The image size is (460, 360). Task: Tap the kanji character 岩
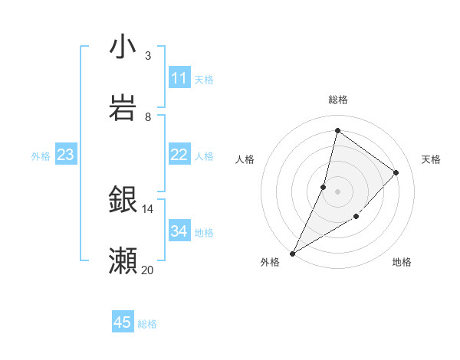(x=123, y=106)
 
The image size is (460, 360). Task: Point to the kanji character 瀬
(x=123, y=260)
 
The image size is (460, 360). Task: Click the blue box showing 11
(x=179, y=78)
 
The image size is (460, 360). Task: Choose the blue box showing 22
(x=179, y=155)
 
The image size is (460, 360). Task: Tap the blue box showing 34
(x=179, y=231)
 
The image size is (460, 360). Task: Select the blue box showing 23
(x=65, y=155)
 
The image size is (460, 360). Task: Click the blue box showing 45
(x=123, y=322)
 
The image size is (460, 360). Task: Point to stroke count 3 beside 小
(x=148, y=55)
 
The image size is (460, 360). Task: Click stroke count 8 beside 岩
(x=148, y=116)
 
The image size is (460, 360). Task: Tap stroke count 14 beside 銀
(x=148, y=208)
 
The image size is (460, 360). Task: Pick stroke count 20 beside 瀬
(x=148, y=270)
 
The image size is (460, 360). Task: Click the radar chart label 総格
(x=338, y=100)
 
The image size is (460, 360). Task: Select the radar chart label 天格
(x=432, y=159)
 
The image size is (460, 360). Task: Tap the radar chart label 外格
(x=270, y=262)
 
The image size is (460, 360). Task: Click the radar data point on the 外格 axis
(x=292, y=254)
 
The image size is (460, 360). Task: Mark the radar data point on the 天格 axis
(x=396, y=172)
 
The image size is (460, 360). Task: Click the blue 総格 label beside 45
(x=147, y=324)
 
